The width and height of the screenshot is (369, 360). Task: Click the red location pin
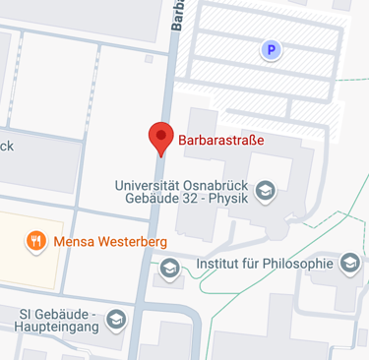(159, 138)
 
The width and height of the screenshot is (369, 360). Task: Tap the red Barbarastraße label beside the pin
(221, 140)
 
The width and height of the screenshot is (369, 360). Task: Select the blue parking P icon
(268, 49)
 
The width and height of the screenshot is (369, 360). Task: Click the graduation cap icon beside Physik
(264, 192)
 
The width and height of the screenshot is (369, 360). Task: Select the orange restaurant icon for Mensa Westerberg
(35, 240)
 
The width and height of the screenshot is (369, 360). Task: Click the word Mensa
(75, 241)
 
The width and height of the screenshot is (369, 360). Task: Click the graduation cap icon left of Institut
(170, 267)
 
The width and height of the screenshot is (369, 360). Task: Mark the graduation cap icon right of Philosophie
(349, 263)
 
